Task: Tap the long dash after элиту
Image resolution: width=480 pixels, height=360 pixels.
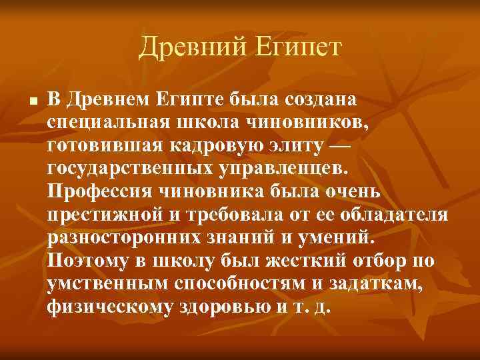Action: (341, 145)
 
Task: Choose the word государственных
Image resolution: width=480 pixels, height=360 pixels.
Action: (131, 169)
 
